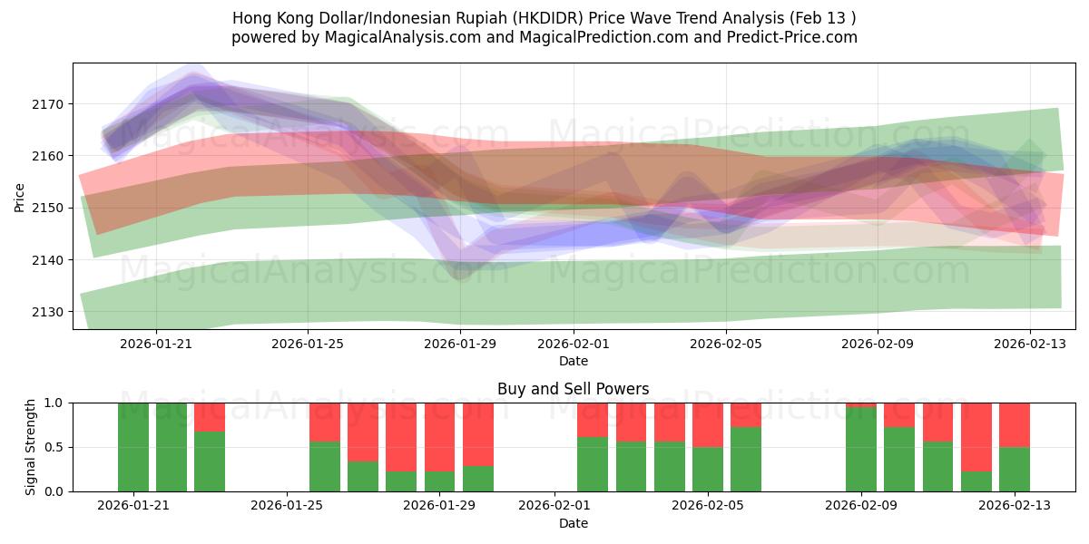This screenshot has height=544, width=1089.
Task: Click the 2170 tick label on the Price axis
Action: (50, 104)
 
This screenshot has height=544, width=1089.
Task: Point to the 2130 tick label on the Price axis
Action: (50, 312)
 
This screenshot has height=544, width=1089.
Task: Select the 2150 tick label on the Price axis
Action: (50, 208)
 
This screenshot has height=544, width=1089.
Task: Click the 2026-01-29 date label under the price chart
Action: (459, 344)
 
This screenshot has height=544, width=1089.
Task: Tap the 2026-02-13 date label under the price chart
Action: (1029, 344)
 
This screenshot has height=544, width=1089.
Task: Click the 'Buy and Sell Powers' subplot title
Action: (573, 389)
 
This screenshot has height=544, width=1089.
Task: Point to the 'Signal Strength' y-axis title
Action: (30, 447)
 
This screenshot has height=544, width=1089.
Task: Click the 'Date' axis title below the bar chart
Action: (573, 523)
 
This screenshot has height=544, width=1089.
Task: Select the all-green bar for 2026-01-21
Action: (133, 447)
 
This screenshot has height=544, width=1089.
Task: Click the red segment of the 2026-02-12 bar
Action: (976, 437)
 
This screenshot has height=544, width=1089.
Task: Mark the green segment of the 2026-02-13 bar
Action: (1015, 469)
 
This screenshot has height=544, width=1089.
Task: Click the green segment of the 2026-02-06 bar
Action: (746, 459)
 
